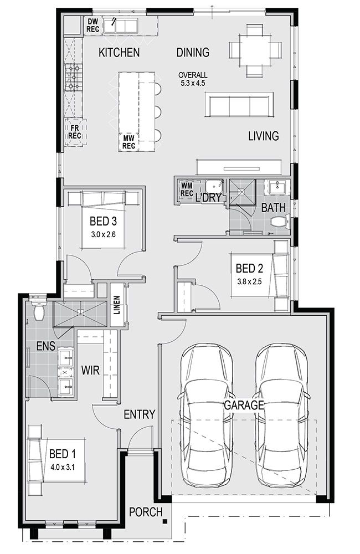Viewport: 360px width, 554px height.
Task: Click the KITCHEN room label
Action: coord(119,53)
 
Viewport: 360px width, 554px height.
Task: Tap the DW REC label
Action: coord(93,26)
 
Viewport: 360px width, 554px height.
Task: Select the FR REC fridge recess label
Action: coord(75,132)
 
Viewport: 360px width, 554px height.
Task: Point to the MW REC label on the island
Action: coord(128,142)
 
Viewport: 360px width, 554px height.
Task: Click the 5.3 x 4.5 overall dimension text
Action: coord(193,84)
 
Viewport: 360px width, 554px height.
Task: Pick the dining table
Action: coord(255,50)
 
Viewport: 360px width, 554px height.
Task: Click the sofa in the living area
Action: coord(239,105)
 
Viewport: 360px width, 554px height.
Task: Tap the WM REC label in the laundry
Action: coord(187,189)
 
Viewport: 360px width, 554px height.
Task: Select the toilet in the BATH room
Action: coord(280,223)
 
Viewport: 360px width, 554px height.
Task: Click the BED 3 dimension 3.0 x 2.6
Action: coord(102,234)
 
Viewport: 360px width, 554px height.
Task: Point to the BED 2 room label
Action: coord(249,269)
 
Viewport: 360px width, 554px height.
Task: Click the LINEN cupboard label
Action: coord(117,305)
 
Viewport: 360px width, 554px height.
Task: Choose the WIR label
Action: coord(90,370)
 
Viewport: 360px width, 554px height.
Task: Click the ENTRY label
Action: coord(139,414)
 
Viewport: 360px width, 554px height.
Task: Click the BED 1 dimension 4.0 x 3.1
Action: coord(63,467)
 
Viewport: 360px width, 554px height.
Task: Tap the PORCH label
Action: coord(146,512)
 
